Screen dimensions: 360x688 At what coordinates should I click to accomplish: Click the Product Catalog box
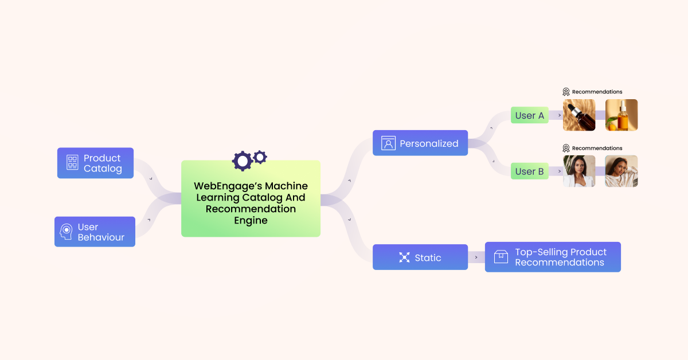95,163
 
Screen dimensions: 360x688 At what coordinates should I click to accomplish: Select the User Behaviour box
95,232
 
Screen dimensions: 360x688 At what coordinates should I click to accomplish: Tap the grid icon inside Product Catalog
72,162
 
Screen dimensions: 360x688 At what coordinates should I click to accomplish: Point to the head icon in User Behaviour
67,232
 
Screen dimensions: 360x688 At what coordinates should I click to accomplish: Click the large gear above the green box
242,161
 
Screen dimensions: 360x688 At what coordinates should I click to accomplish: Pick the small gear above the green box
260,156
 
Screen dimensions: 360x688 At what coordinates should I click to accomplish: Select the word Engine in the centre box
251,220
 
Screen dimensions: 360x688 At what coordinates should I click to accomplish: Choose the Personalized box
420,143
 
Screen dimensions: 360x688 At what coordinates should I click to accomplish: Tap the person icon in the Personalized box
389,143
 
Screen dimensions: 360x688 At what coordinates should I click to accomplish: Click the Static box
420,257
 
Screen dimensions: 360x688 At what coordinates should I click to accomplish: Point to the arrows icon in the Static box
404,257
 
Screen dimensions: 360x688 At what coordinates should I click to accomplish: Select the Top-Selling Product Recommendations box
553,257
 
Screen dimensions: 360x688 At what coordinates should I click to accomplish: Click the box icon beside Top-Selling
501,257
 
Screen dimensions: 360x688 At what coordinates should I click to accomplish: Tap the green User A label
529,115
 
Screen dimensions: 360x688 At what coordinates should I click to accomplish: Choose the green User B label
529,171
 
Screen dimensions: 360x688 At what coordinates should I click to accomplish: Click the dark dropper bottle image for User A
579,115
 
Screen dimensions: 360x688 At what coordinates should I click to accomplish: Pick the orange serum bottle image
621,115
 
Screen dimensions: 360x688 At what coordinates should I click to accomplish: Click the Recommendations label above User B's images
597,148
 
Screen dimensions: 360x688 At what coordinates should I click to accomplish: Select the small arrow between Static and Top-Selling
476,257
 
